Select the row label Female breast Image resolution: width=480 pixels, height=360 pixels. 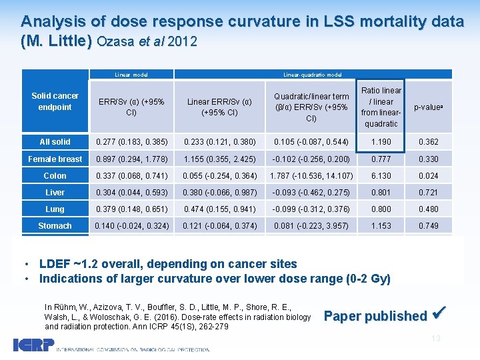(55, 159)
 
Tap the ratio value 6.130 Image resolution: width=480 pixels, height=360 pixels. (383, 176)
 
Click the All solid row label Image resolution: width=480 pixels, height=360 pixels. (55, 142)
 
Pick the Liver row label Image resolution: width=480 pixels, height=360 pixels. (55, 193)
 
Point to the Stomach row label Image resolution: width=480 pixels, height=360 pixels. (55, 226)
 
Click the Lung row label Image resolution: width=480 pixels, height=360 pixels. (55, 209)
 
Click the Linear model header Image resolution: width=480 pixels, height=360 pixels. (131, 75)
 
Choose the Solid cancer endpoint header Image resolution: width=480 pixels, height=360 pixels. (55, 102)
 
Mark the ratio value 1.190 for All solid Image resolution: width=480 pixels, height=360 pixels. (383, 142)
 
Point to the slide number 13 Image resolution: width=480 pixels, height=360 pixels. (436, 339)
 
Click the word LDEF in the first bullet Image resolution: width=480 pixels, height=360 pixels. (55, 263)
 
